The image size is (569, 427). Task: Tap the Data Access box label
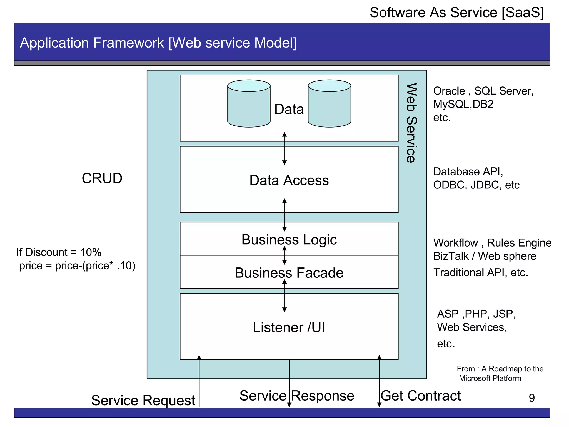point(289,180)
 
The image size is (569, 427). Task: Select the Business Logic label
point(289,239)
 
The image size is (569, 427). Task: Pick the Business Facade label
point(289,273)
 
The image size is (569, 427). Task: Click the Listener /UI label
point(289,327)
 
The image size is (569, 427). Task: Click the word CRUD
point(102,178)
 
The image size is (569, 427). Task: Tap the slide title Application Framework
point(158,43)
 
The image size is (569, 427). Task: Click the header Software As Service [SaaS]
point(456,13)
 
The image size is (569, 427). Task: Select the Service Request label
point(143,400)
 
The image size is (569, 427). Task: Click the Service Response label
point(297,396)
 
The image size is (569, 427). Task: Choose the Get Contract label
point(421,396)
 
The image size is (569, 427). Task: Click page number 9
point(532,398)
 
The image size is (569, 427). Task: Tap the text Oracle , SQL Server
point(483,91)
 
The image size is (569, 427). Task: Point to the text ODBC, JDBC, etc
point(476,185)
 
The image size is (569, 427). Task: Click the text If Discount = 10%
point(59,252)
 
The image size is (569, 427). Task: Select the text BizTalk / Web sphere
point(485,256)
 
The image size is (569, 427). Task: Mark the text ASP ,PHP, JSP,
point(476,314)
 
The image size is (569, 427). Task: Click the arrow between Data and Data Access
point(284,149)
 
